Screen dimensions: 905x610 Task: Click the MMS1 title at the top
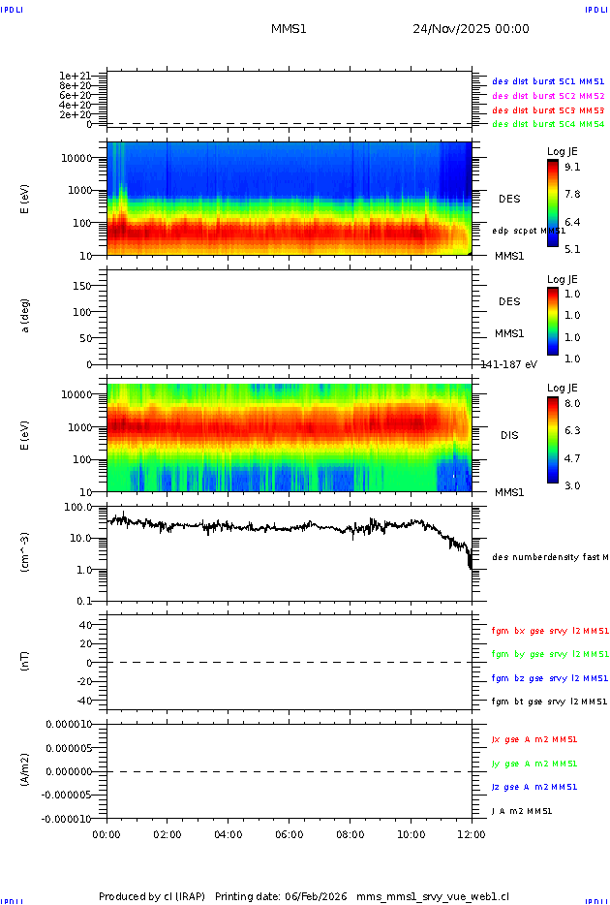click(x=289, y=29)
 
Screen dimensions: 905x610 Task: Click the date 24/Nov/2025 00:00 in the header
click(x=471, y=29)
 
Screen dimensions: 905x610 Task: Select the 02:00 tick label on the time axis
click(x=168, y=834)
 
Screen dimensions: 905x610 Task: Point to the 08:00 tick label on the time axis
click(x=351, y=834)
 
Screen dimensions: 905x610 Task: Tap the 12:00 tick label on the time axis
click(x=472, y=834)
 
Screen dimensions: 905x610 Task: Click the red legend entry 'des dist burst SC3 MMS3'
click(x=548, y=110)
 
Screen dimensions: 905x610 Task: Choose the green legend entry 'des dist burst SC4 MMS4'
click(x=548, y=124)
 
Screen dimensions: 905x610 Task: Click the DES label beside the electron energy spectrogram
click(x=509, y=199)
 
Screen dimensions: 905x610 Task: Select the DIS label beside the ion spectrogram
click(x=509, y=435)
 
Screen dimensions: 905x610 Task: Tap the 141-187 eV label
click(x=508, y=364)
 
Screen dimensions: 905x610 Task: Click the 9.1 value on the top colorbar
click(x=572, y=167)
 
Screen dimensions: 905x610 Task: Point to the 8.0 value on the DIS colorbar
click(x=572, y=402)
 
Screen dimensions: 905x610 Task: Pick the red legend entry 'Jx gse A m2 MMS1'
click(x=534, y=739)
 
